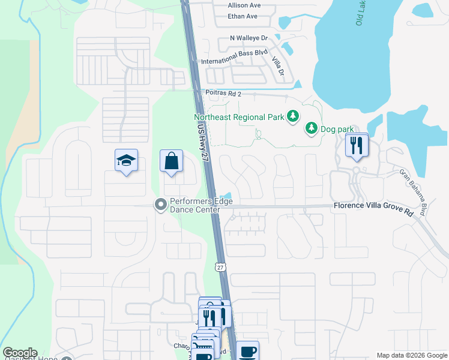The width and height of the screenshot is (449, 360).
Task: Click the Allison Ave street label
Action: tap(244, 5)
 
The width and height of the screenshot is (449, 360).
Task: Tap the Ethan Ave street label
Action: tap(243, 16)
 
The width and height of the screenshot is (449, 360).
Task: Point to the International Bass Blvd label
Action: tap(234, 61)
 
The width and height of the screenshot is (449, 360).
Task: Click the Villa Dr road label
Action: tap(278, 66)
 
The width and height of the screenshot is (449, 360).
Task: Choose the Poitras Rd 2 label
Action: tap(223, 93)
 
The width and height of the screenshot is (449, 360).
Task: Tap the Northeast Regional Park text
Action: tap(238, 116)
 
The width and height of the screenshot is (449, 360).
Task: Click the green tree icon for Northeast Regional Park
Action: tap(292, 116)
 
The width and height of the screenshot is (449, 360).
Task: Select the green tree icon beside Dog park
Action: tap(311, 127)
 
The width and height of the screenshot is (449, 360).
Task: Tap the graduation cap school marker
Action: tap(126, 161)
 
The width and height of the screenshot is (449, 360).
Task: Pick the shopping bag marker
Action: tap(171, 161)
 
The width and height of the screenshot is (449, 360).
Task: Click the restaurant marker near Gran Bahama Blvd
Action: tap(357, 145)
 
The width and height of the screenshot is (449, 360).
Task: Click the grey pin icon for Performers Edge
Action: tap(160, 205)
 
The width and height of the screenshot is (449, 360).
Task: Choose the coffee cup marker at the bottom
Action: tap(247, 350)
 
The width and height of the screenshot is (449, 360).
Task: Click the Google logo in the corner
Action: tap(20, 353)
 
